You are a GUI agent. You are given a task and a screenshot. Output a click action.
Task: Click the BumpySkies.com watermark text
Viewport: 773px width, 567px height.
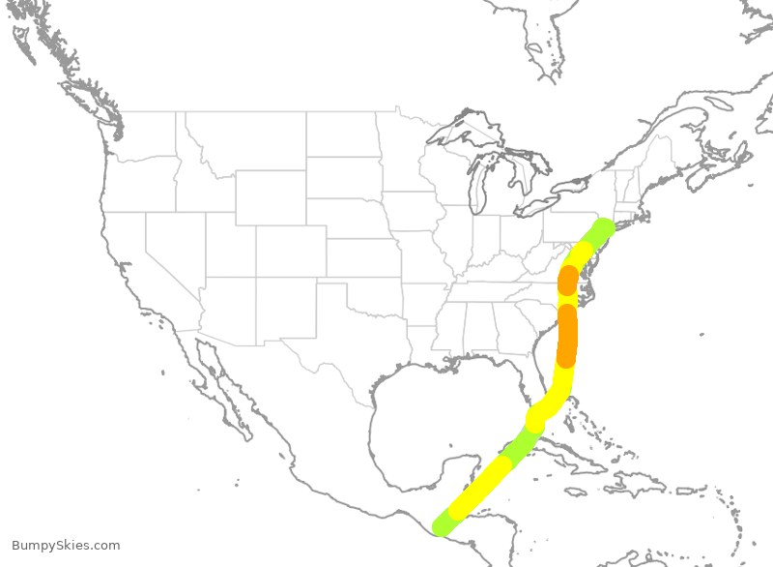click(66, 546)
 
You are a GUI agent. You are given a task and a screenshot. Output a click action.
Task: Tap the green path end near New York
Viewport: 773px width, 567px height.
click(603, 229)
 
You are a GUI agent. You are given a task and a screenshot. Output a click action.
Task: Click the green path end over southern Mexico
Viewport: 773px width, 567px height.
click(443, 525)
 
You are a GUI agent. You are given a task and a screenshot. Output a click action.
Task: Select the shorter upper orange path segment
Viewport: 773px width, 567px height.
click(568, 281)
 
